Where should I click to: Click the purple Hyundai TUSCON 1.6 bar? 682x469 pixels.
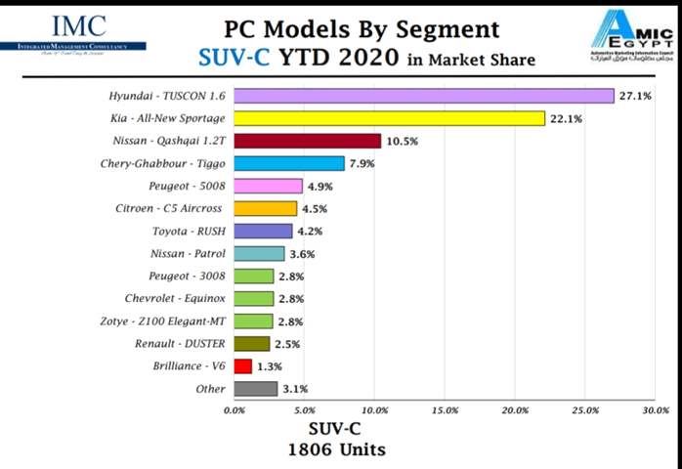coord(424,96)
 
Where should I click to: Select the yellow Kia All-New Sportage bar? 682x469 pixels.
coord(390,118)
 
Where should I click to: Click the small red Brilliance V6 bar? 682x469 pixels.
coord(243,366)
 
